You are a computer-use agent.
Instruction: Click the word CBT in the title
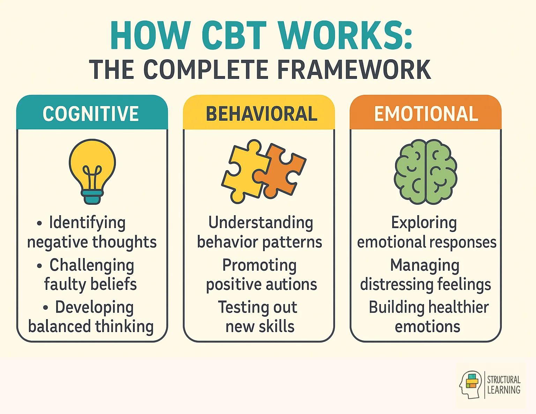pos(234,36)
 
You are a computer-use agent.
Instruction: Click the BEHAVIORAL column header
pos(261,114)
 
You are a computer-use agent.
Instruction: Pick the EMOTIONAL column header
pos(426,114)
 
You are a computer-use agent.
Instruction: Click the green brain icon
pos(426,172)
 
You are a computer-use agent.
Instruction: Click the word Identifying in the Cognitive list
pos(87,223)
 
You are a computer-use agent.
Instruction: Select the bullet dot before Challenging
pos(39,266)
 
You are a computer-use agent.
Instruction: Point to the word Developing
pos(94,308)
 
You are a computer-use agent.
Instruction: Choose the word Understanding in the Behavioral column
pos(261,223)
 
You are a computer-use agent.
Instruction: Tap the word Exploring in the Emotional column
pos(424,223)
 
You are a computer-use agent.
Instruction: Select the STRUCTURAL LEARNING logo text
pos(504,385)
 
